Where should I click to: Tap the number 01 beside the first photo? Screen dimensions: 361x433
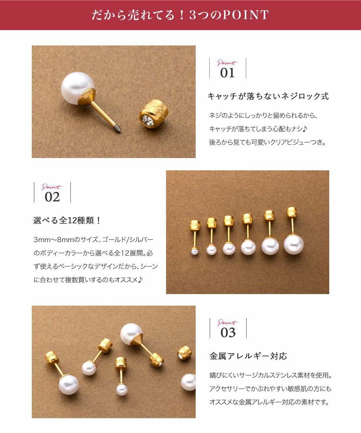coord(227,73)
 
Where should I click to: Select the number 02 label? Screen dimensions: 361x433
coord(52,197)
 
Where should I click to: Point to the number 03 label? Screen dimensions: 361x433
coord(228,333)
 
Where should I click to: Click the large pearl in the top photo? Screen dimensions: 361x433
coord(77,88)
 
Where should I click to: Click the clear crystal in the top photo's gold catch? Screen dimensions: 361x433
coord(148,121)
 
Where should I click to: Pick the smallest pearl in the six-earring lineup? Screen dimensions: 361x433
coord(195,252)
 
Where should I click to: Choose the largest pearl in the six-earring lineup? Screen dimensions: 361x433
coord(293,245)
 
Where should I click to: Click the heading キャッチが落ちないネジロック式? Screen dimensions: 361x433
coord(268,96)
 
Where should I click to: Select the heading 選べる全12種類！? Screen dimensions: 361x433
coord(67,220)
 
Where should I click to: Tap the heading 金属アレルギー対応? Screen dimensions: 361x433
coord(248,356)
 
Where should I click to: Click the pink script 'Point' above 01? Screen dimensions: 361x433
coord(227,63)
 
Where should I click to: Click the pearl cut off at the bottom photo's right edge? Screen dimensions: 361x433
coord(188,382)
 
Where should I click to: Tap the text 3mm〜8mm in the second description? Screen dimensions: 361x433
coord(53,240)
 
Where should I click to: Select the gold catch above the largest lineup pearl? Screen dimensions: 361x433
coord(292,213)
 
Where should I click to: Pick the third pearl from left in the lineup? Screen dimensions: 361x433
coord(229,249)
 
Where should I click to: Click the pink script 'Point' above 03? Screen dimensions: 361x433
coord(227,323)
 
